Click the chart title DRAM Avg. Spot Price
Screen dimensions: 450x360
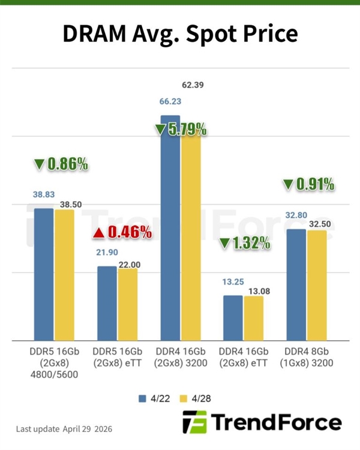click(180, 34)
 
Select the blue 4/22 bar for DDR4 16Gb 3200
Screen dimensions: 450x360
click(170, 228)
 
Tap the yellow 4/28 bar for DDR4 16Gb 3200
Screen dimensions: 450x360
click(191, 234)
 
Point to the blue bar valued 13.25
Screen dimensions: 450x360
click(233, 318)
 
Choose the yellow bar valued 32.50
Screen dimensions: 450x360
click(317, 286)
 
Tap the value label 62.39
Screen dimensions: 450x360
click(192, 85)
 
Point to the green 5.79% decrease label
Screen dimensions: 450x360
click(181, 129)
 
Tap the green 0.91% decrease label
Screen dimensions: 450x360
click(308, 185)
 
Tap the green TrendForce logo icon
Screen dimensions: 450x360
click(194, 422)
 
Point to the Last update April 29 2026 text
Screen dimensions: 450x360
click(64, 430)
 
